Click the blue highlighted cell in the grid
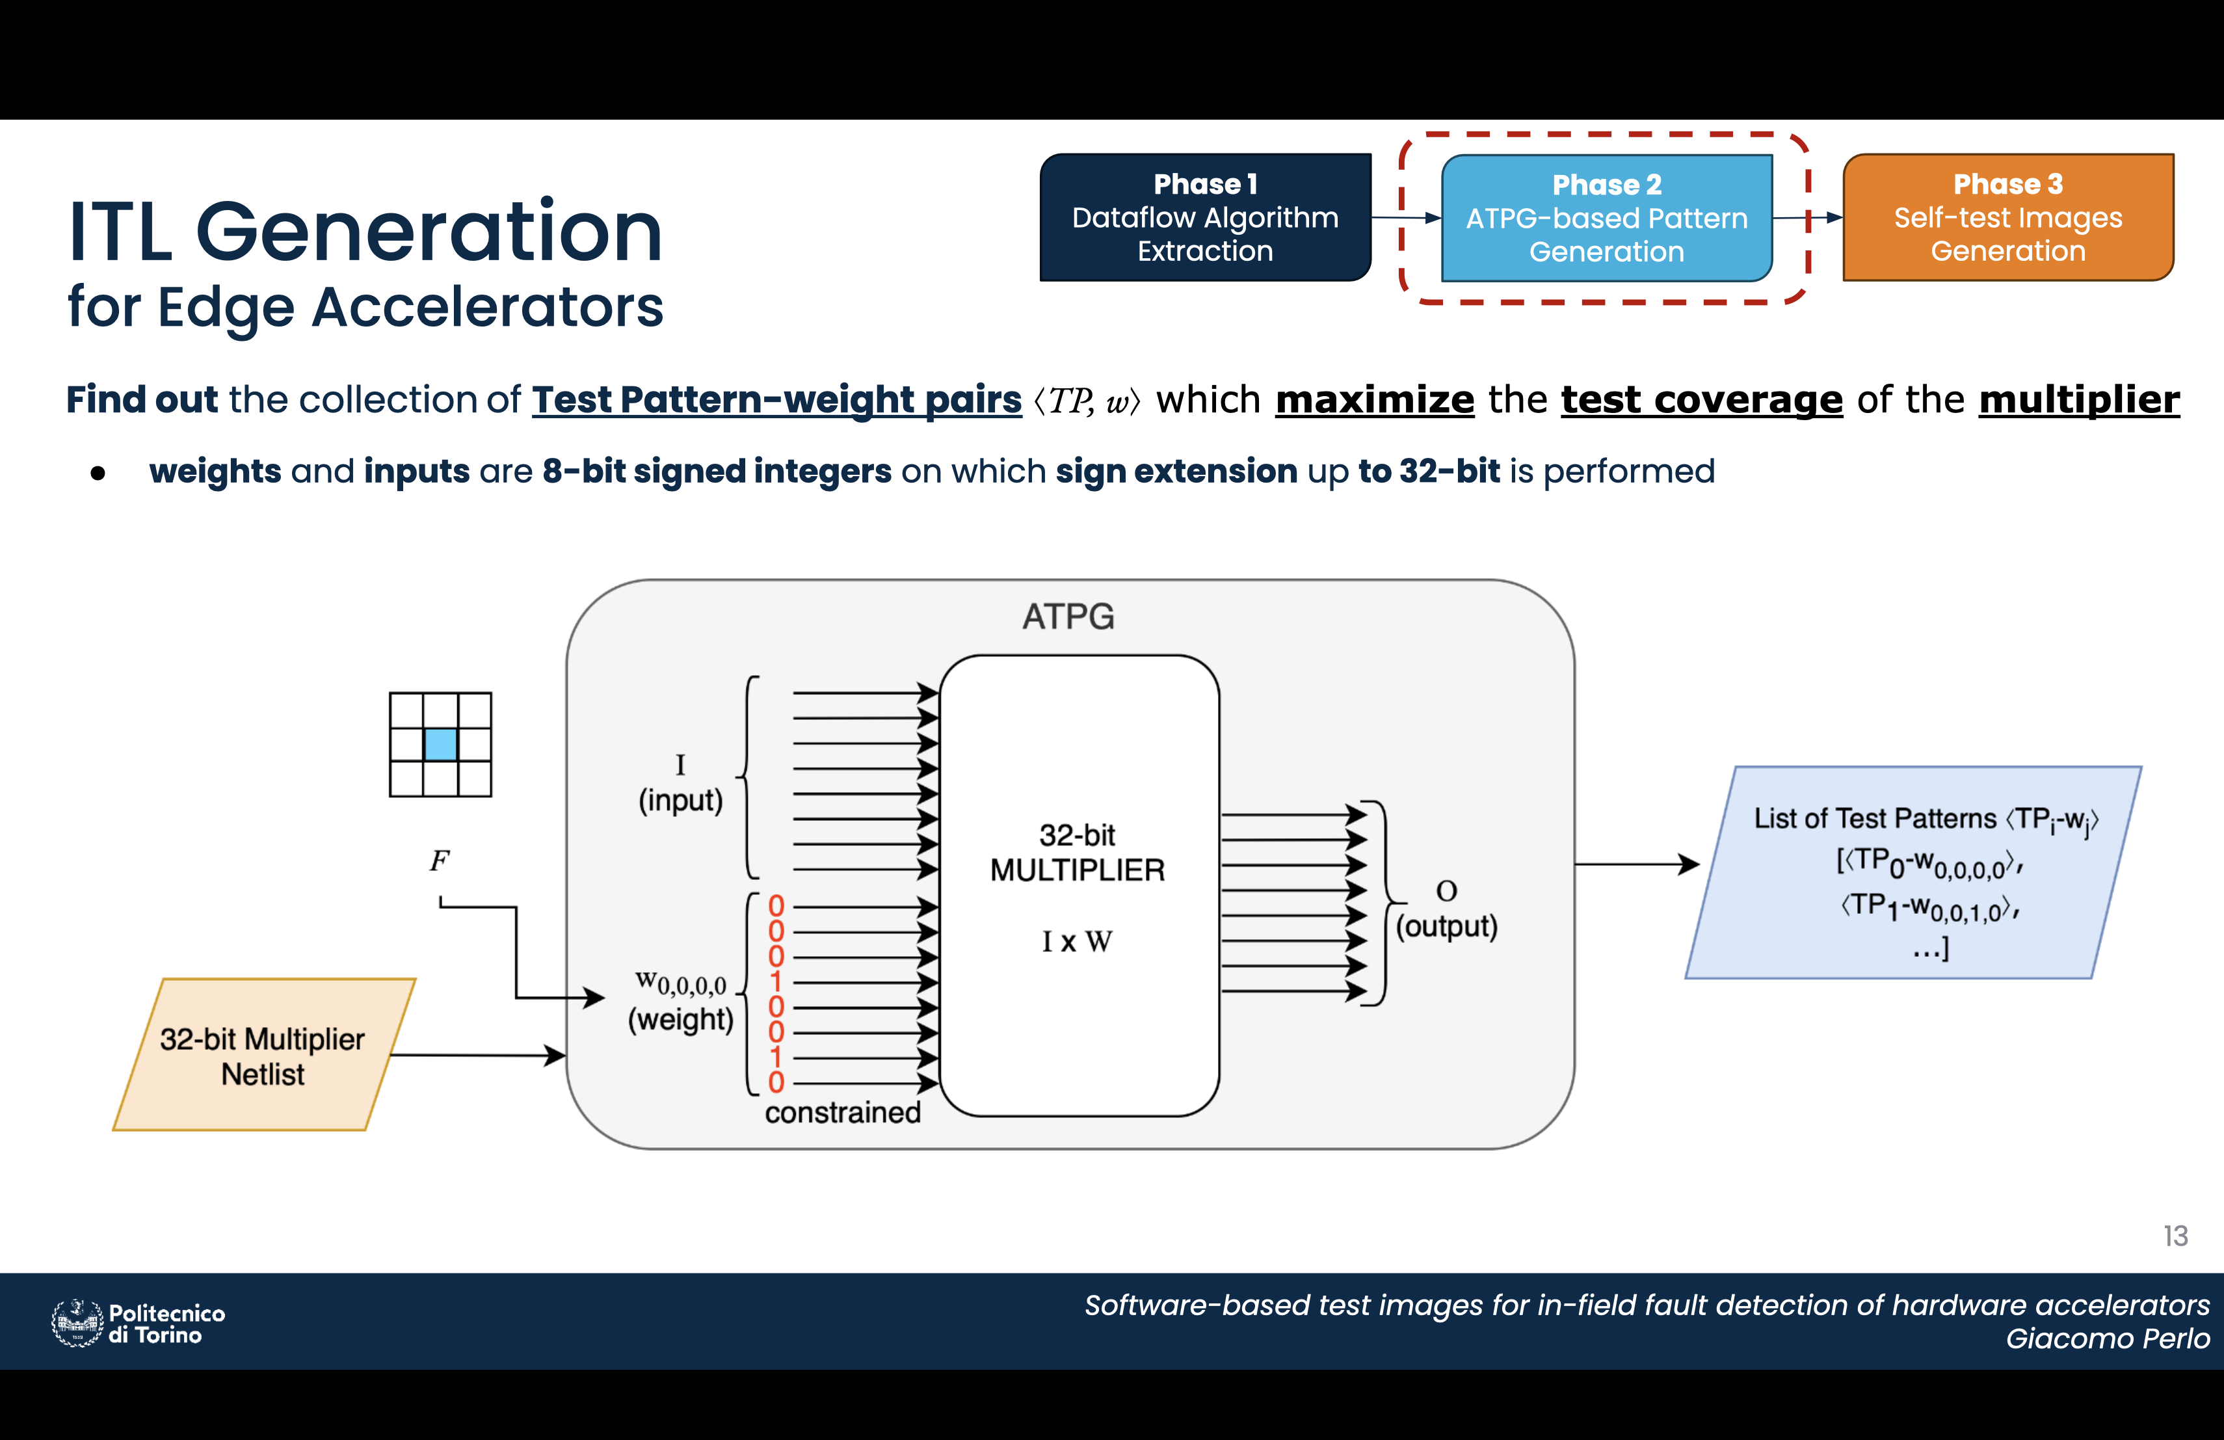tap(440, 745)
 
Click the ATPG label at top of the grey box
tap(1068, 617)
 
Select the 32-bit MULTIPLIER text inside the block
tap(1078, 852)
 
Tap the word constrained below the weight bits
tap(843, 1112)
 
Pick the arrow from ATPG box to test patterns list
tap(1637, 864)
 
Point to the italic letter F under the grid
tap(439, 860)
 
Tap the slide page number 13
tap(2175, 1236)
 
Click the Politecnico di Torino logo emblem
tap(77, 1323)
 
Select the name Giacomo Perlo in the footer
tap(2108, 1338)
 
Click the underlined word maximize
tap(1375, 400)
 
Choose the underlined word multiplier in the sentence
tap(2079, 400)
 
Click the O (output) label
tap(1446, 909)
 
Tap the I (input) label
tap(680, 783)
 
